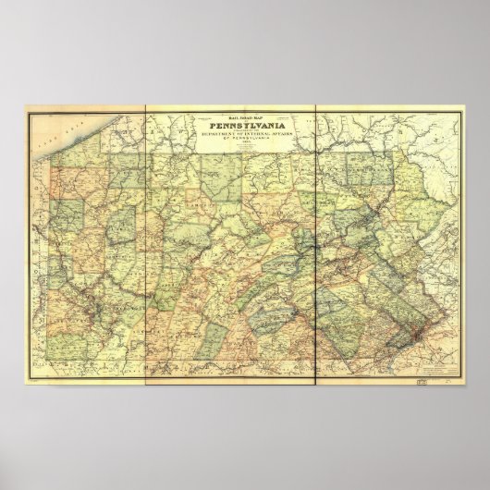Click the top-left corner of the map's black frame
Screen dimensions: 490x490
pos(24,110)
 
